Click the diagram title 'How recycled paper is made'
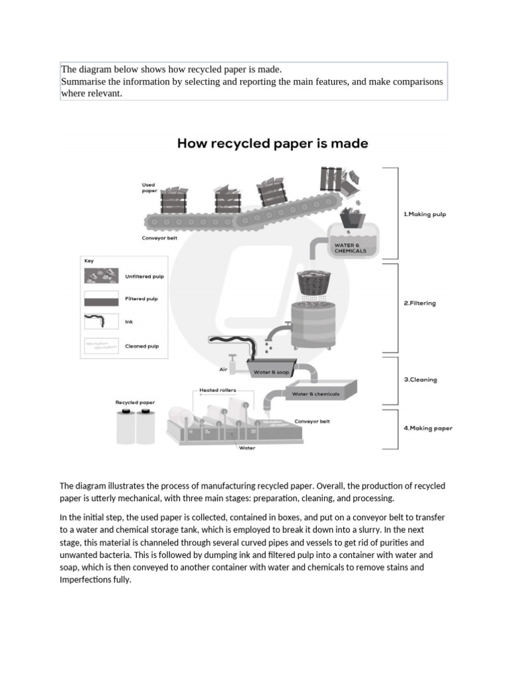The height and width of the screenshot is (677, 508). coord(273,143)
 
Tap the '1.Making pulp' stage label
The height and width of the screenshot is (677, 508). coord(425,214)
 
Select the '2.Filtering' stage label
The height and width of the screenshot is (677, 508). coord(419,303)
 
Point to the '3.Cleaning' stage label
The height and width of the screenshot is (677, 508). coord(420,380)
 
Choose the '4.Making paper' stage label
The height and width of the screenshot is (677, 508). coord(428,428)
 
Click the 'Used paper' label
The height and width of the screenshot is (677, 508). coord(149,188)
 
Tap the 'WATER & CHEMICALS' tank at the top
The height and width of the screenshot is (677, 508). coord(354,241)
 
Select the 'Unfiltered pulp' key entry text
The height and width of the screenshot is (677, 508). coord(144,277)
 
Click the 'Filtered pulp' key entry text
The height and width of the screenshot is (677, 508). coord(142,299)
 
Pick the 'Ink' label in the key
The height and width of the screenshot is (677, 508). coord(129,322)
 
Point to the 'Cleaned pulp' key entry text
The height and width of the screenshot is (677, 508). coord(142,346)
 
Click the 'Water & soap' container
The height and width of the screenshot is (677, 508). coord(271,373)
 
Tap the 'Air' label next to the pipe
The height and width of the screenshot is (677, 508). coord(223,370)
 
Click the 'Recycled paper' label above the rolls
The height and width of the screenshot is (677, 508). coord(135,402)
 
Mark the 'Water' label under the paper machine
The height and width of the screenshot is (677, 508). coord(247,448)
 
